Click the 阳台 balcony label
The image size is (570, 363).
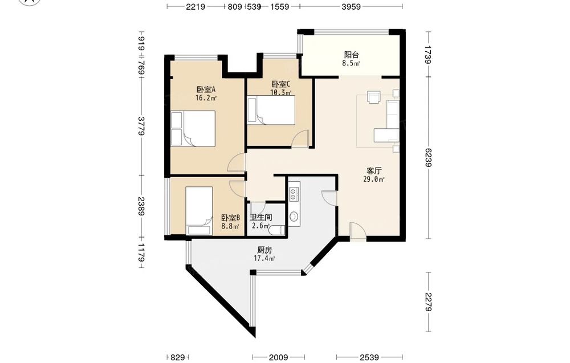[x=352, y=55]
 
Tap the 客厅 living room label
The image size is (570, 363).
[x=374, y=171]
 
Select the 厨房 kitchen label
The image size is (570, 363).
[x=264, y=250]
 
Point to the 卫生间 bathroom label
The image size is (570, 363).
[x=261, y=217]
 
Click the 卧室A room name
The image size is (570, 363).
[x=206, y=89]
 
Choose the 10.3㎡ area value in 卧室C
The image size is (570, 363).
[x=280, y=92]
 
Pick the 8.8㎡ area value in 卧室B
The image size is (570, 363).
[x=230, y=226]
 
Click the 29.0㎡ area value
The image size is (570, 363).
[x=374, y=179]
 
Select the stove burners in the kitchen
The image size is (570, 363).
[x=294, y=194]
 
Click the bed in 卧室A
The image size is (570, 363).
[x=193, y=129]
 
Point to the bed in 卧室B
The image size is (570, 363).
[x=199, y=211]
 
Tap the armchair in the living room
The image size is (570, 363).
[x=373, y=97]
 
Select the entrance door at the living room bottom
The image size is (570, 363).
[x=358, y=231]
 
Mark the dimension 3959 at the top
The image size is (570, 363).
[x=351, y=6]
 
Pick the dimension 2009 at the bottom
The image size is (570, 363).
[x=279, y=357]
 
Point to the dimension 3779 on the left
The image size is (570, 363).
[x=141, y=126]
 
